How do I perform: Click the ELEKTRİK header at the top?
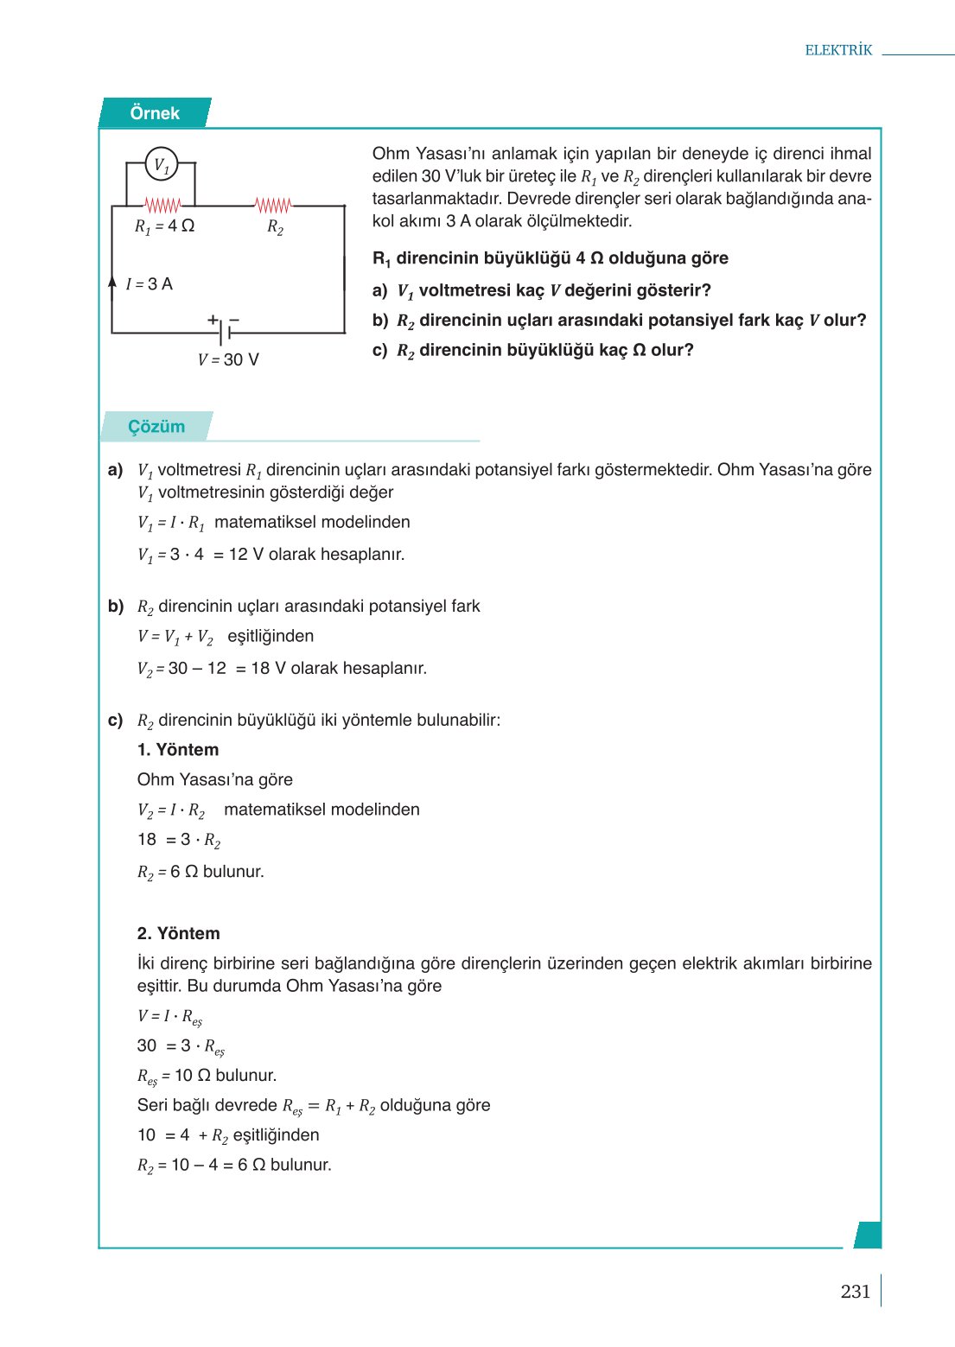838,50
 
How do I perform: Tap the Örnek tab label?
155,113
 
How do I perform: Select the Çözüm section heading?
156,427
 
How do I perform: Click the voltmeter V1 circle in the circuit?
161,164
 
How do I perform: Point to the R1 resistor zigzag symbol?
162,206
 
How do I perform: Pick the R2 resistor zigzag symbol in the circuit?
273,206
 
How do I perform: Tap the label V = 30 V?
228,359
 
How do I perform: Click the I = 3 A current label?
150,284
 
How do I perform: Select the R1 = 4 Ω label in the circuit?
164,226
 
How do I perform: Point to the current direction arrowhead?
112,281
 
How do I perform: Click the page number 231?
855,1291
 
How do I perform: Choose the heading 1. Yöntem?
178,750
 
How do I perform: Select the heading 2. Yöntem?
179,933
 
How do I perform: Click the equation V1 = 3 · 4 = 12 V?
271,555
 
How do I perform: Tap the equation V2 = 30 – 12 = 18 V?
282,669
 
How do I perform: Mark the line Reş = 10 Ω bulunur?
207,1076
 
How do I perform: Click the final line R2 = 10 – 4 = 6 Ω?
234,1166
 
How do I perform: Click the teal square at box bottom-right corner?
867,1235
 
